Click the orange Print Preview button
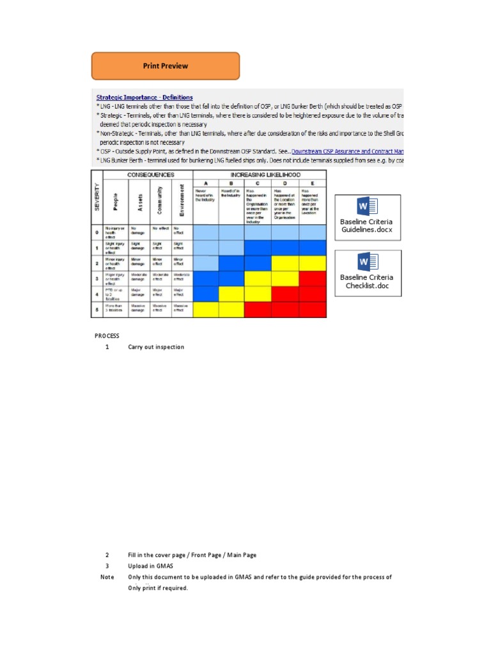coord(166,66)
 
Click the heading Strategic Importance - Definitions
coord(144,98)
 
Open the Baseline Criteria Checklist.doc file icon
coord(367,273)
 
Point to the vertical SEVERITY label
coord(97,197)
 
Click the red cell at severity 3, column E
coord(313,278)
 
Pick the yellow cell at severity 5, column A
coord(205,309)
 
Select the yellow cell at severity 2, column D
coord(286,262)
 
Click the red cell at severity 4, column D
coord(286,294)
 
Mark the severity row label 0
coord(97,232)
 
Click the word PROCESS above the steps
coord(107,335)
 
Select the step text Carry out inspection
coord(156,347)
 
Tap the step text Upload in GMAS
coord(150,566)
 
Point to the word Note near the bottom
coord(107,577)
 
